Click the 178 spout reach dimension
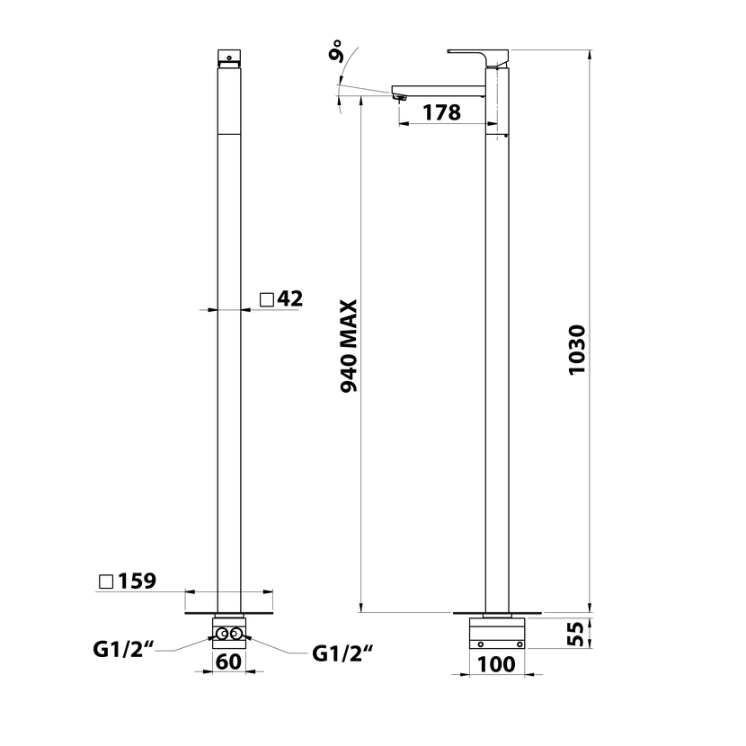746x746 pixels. tap(441, 112)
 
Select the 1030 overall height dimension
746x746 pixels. tap(577, 351)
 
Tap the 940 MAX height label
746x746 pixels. tap(349, 346)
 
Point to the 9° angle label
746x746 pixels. tap(336, 50)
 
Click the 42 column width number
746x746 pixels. tap(290, 298)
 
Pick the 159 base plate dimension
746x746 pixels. tap(137, 581)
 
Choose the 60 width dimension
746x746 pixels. tap(229, 662)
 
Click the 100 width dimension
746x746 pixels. tap(496, 664)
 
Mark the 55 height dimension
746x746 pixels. tap(576, 634)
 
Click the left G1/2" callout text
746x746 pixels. tap(124, 649)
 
